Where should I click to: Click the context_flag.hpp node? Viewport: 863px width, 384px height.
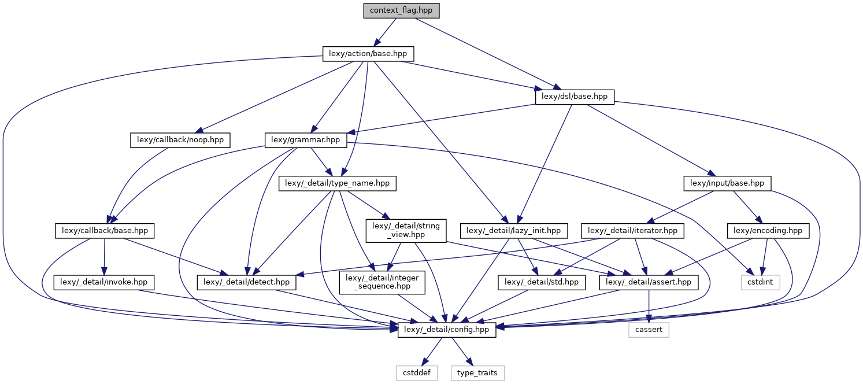[x=401, y=10]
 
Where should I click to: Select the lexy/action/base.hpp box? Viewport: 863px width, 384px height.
[x=368, y=54]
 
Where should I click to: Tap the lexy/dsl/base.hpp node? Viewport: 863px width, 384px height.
[x=575, y=97]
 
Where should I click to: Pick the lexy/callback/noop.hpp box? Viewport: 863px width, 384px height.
[x=180, y=139]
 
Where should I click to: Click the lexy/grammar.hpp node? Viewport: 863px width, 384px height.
[x=306, y=139]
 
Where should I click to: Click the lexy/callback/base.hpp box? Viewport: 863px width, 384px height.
[x=105, y=230]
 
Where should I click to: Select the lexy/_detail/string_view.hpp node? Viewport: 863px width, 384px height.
[x=405, y=230]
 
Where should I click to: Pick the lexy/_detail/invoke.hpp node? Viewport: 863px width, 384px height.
[x=105, y=282]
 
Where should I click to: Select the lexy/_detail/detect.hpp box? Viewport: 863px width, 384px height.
[x=247, y=282]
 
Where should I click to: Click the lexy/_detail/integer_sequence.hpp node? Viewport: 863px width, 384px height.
[x=377, y=282]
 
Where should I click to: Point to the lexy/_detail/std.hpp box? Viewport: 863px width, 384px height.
[x=542, y=282]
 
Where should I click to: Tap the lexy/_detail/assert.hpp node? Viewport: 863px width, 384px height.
[x=649, y=282]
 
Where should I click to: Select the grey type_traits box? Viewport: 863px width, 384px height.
[x=477, y=373]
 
